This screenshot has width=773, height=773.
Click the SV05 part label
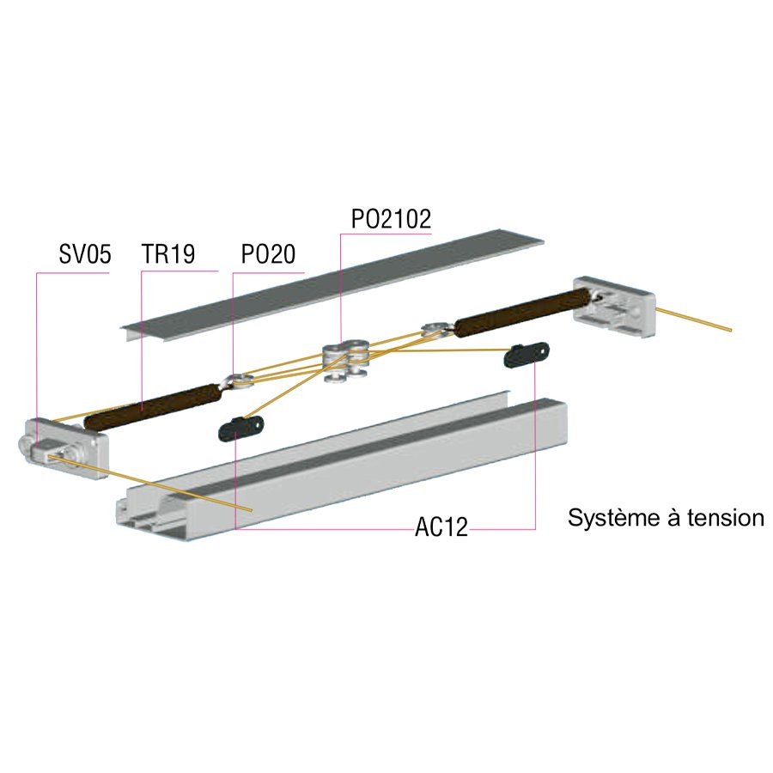pos(85,254)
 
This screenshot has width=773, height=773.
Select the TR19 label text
pos(168,254)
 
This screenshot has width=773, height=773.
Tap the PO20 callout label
pos(268,254)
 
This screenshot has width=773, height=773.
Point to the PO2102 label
pos(391,219)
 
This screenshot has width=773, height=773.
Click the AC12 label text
pos(441,527)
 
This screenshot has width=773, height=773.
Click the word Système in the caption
pos(614,518)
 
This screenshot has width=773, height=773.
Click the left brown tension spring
pos(152,407)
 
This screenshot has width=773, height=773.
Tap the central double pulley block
pos(346,360)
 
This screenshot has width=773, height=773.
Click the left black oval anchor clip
pos(241,428)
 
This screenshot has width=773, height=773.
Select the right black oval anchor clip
pos(526,354)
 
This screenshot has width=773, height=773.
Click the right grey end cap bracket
pos(614,306)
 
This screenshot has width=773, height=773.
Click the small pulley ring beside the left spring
pos(238,381)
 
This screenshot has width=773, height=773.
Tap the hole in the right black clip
pos(543,350)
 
